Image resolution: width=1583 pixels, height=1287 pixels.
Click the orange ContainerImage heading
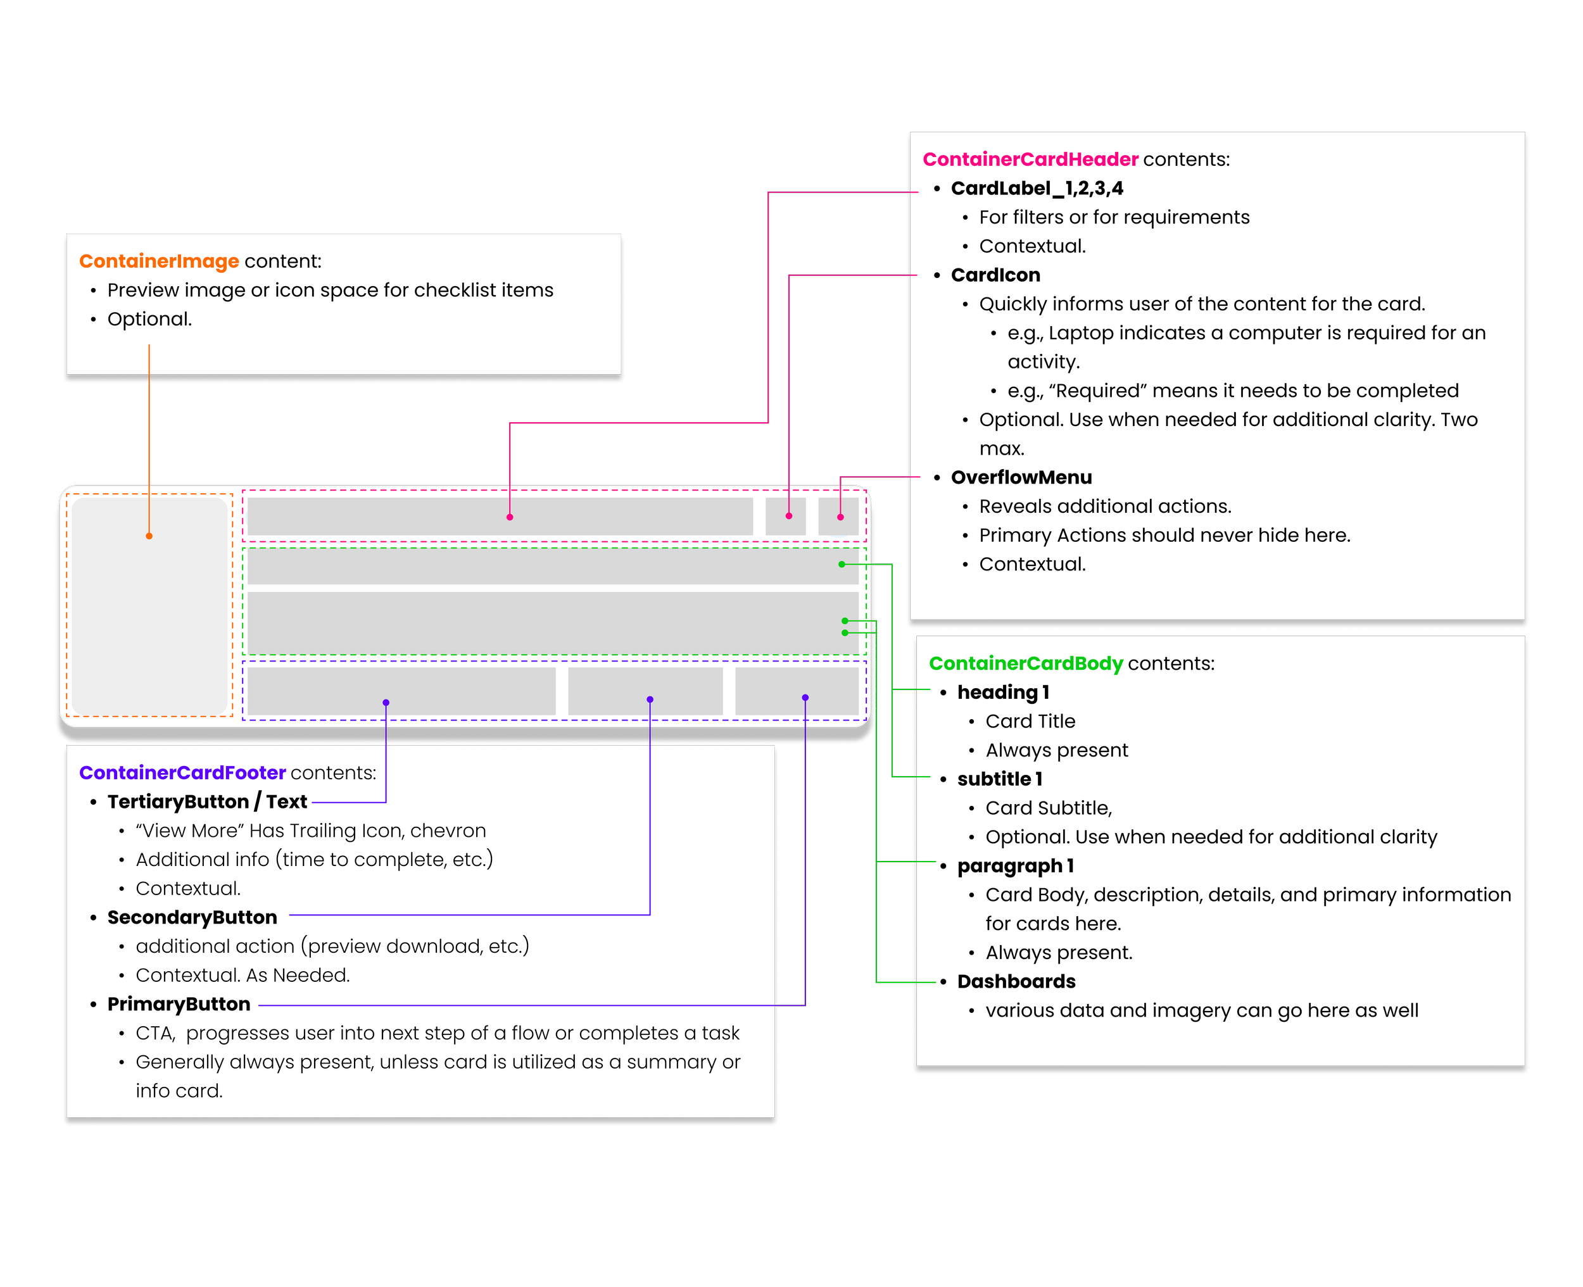159,261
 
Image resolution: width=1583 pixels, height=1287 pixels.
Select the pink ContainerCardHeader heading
1030,160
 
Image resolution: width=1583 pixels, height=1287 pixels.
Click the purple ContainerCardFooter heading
182,772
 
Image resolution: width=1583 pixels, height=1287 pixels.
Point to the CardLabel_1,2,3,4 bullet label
1037,188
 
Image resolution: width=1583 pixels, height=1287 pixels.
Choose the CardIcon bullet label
995,275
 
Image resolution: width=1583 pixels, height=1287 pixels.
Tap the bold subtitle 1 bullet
999,779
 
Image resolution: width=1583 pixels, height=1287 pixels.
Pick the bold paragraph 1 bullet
1015,866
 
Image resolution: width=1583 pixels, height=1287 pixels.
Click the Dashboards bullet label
1016,982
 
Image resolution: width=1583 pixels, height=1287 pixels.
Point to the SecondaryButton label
192,917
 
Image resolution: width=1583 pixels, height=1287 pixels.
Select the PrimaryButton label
179,1004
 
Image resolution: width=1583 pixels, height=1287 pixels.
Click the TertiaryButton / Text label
207,801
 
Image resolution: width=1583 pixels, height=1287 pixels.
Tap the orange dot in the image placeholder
149,536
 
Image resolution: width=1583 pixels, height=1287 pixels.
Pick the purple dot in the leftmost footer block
386,702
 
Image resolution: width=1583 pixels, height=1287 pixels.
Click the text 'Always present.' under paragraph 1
1059,953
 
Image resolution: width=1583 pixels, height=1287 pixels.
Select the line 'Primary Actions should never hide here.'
1164,536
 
